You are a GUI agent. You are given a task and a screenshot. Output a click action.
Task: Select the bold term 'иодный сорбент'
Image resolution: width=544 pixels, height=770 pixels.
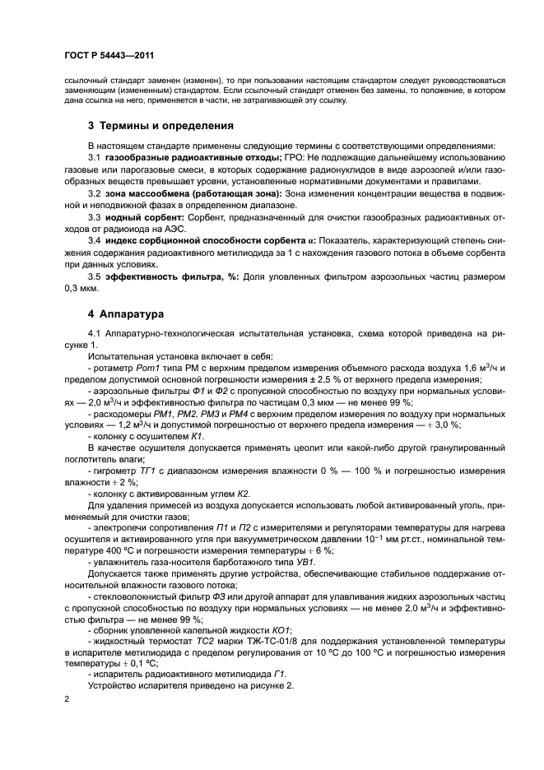pyautogui.click(x=143, y=216)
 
